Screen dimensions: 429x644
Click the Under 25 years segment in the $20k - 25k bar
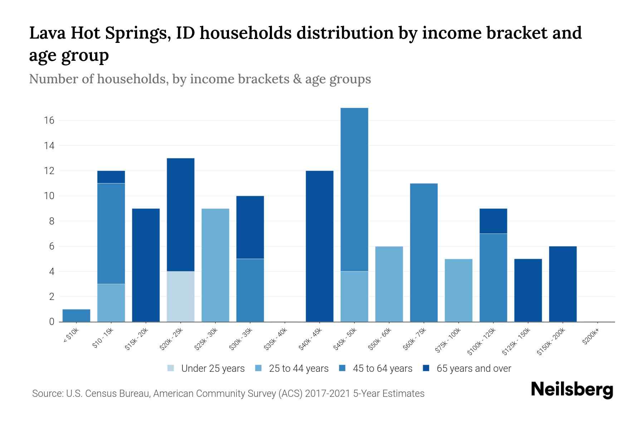(180, 296)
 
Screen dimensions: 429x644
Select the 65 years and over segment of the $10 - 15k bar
(111, 177)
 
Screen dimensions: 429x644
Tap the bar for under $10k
(76, 315)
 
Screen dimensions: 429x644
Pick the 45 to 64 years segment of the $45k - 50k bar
(354, 189)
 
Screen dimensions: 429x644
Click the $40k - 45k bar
(319, 246)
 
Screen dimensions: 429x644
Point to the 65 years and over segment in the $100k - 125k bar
(493, 221)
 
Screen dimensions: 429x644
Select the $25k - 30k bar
(215, 265)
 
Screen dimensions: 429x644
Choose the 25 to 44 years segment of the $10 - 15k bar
(111, 303)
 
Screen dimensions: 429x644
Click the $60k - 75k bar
(424, 252)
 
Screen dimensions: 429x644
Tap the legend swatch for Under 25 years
(171, 368)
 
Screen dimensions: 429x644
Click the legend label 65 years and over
(474, 368)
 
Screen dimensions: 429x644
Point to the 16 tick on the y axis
(49, 120)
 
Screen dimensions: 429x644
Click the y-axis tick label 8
(52, 221)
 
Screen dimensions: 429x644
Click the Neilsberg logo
(572, 390)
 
